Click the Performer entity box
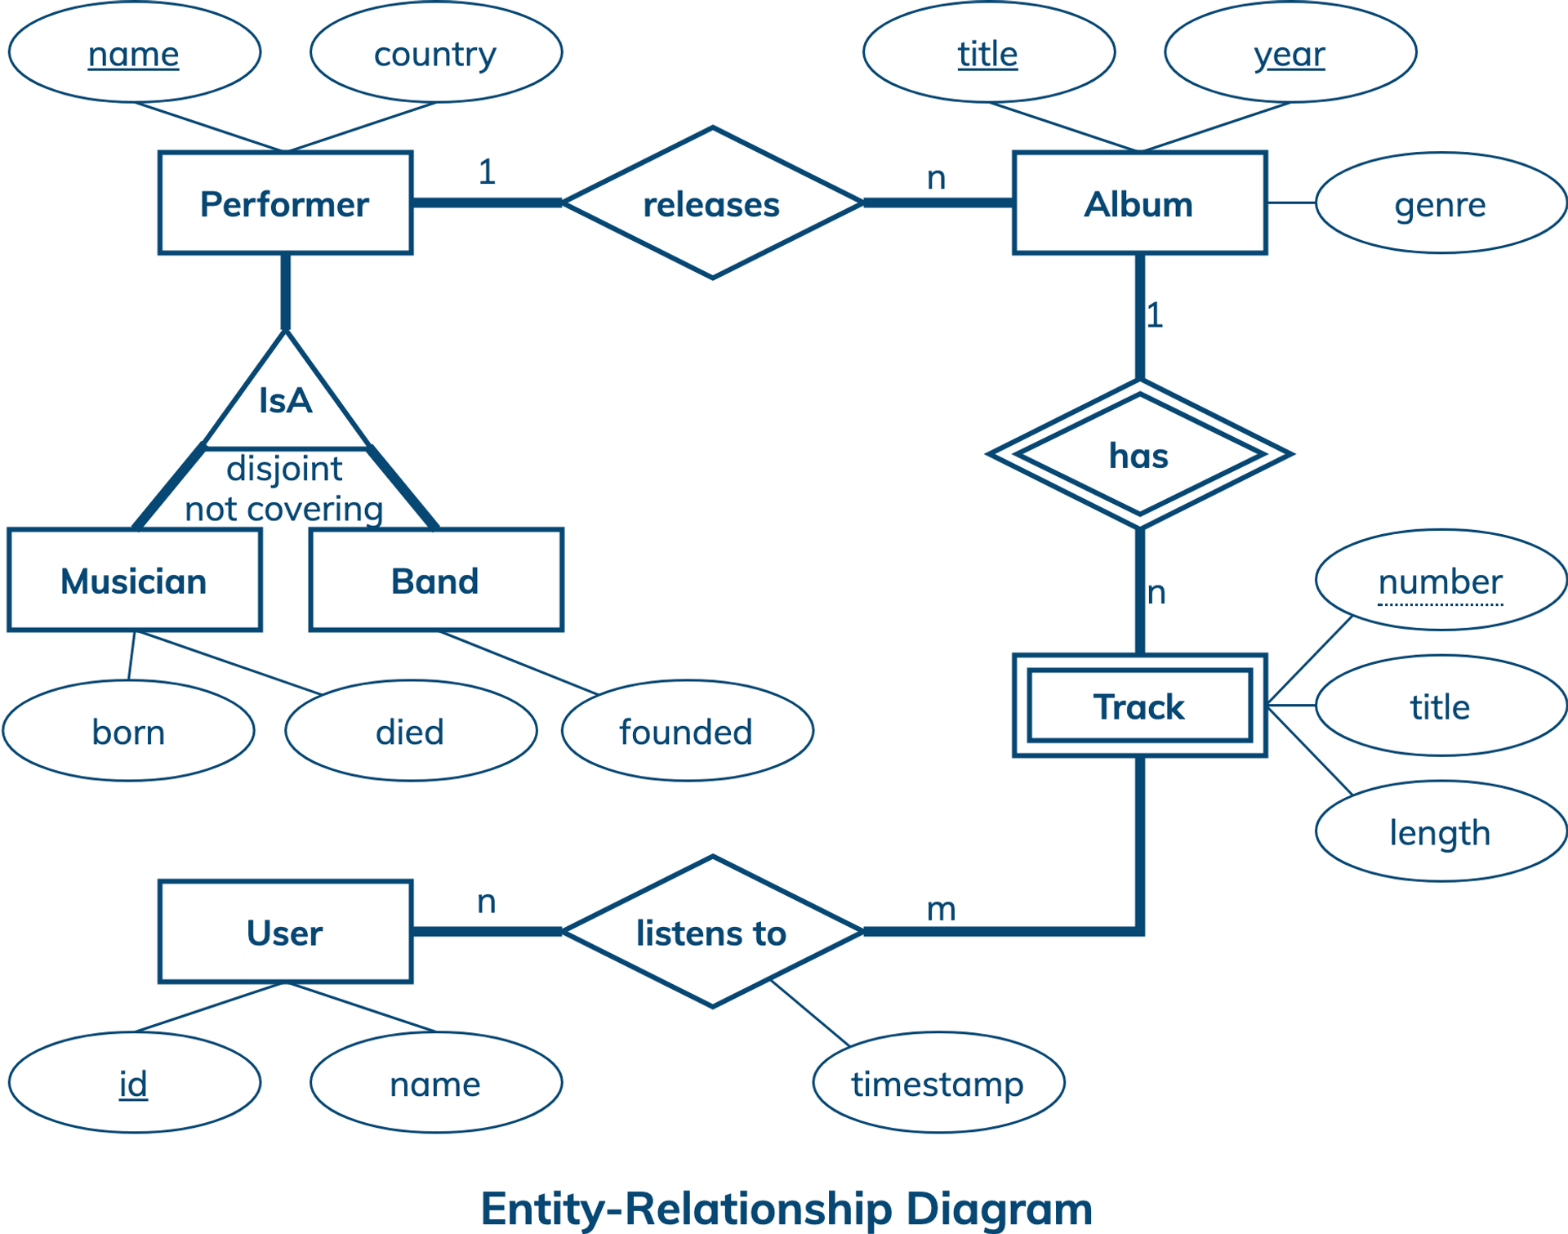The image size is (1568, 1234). (x=285, y=203)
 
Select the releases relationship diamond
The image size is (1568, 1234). (x=712, y=203)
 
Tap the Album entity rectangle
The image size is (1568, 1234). (x=1139, y=203)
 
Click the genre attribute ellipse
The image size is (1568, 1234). (x=1441, y=203)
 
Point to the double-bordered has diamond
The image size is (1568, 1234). (x=1139, y=455)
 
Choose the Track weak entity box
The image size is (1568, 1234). (x=1139, y=706)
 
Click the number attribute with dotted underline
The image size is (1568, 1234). (x=1441, y=581)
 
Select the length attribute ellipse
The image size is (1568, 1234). (x=1441, y=832)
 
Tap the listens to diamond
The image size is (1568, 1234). (x=712, y=932)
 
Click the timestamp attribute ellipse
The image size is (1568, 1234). (x=938, y=1083)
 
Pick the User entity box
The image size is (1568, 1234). (x=285, y=932)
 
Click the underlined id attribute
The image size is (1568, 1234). (x=134, y=1083)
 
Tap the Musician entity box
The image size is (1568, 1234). (x=134, y=581)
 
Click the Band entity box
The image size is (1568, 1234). (x=436, y=581)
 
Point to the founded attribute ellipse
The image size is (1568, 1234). (x=687, y=731)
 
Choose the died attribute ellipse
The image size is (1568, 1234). (x=411, y=731)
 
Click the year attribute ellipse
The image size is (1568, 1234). (x=1290, y=53)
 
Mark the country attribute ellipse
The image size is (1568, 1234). (x=436, y=53)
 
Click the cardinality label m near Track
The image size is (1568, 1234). (x=941, y=908)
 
